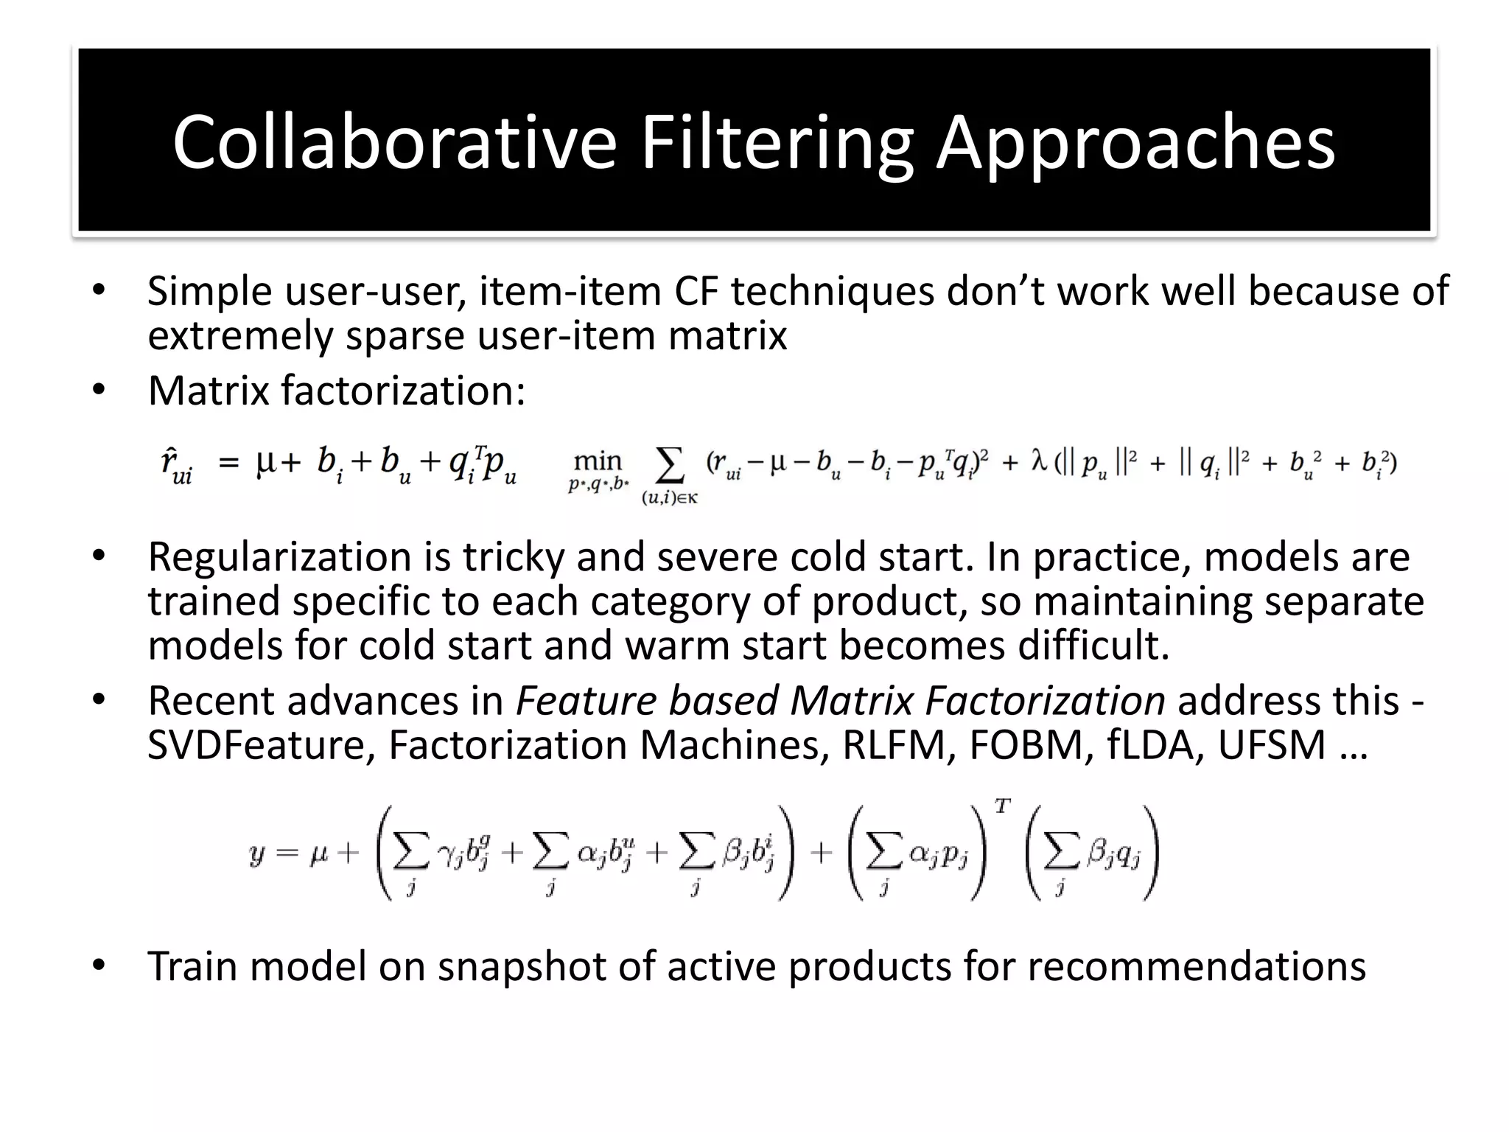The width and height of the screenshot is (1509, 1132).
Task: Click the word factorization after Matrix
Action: [x=403, y=391]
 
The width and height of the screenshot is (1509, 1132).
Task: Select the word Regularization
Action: [x=279, y=557]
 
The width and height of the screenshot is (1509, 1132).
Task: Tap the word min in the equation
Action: [x=598, y=462]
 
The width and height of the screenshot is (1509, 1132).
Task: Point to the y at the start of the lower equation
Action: [x=257, y=855]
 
